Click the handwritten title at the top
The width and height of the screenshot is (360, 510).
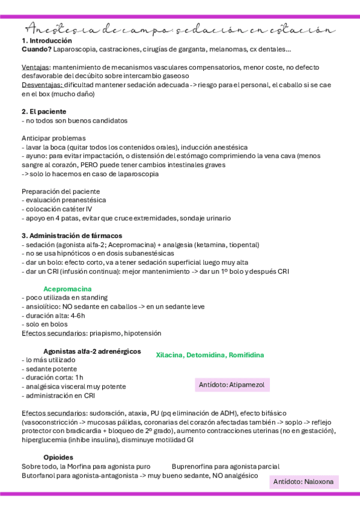180,29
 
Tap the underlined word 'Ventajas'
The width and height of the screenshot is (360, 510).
36,67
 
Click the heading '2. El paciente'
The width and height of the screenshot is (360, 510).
44,111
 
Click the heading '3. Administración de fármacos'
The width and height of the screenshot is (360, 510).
72,236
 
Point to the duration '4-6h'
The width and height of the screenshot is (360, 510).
78,315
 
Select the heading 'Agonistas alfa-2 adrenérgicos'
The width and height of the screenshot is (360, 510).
92,351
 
